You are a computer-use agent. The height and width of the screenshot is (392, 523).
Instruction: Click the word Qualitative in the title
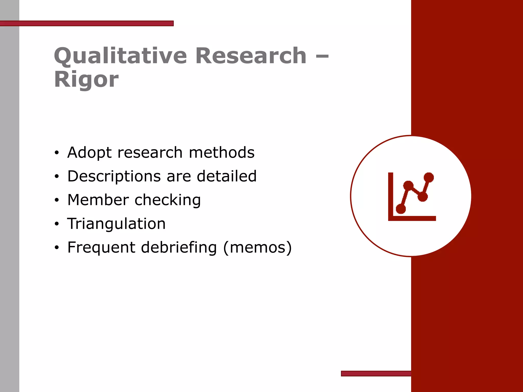point(120,56)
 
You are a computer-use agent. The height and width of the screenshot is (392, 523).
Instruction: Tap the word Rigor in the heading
point(86,80)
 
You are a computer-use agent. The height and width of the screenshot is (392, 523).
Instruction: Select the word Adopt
point(89,153)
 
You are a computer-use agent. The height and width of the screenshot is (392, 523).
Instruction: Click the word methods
point(222,153)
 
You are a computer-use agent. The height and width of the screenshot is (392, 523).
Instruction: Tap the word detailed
point(227,176)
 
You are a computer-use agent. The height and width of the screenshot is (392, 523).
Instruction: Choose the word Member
point(98,200)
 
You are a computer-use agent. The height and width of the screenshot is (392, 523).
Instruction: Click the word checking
point(168,200)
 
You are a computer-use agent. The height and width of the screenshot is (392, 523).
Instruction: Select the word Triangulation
point(116,224)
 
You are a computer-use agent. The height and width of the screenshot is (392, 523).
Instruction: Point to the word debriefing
point(179,248)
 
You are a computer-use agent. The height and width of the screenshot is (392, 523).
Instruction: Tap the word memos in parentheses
point(257,248)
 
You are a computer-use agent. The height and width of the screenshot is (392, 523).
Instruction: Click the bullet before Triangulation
point(57,224)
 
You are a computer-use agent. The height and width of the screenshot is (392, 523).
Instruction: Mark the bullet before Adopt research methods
point(57,153)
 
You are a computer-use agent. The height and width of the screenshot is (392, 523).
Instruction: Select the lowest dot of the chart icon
point(401,209)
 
